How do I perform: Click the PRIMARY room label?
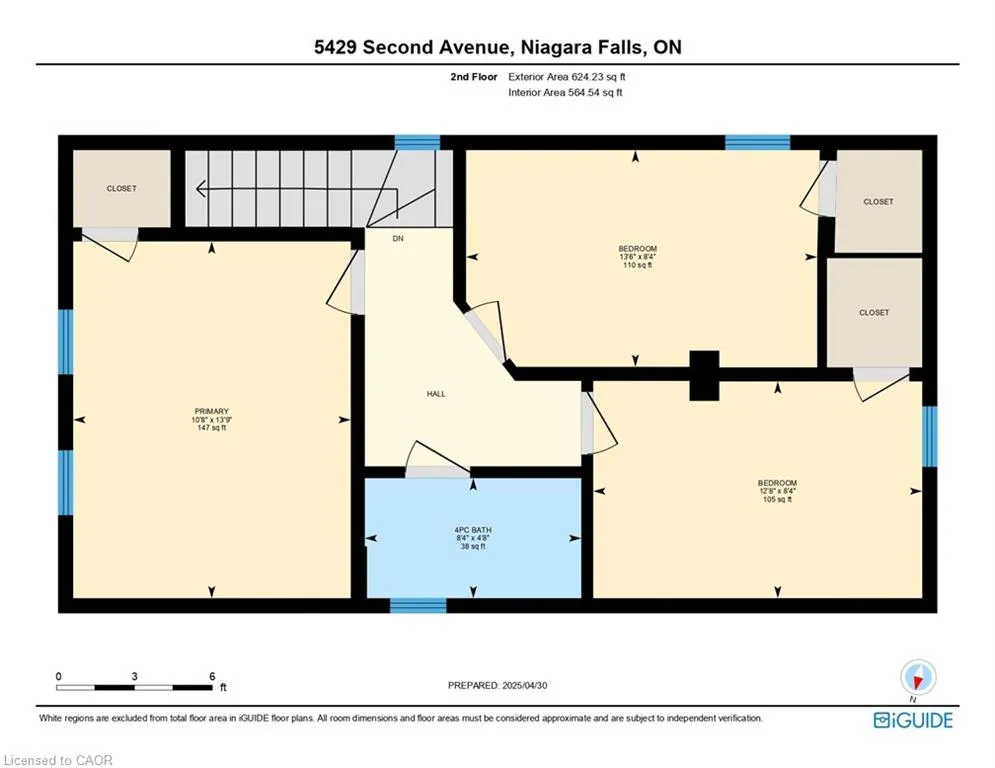pyautogui.click(x=211, y=411)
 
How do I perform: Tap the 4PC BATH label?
pyautogui.click(x=473, y=530)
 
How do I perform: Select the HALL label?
pyautogui.click(x=436, y=394)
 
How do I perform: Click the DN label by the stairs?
pyautogui.click(x=398, y=239)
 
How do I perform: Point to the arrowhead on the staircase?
pyautogui.click(x=202, y=189)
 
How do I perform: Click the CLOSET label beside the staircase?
pyautogui.click(x=121, y=189)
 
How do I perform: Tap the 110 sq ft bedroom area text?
pyautogui.click(x=637, y=265)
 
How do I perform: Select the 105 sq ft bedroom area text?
pyautogui.click(x=777, y=500)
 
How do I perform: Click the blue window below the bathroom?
pyautogui.click(x=418, y=606)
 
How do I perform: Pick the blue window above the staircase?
pyautogui.click(x=418, y=142)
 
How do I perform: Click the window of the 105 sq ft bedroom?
pyautogui.click(x=930, y=437)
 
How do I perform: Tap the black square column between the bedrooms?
pyautogui.click(x=704, y=375)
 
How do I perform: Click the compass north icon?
pyautogui.click(x=917, y=677)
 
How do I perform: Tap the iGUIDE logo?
pyautogui.click(x=913, y=720)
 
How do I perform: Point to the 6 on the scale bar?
pyautogui.click(x=212, y=677)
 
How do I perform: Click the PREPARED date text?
pyautogui.click(x=498, y=685)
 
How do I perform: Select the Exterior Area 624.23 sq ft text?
pyautogui.click(x=567, y=77)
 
